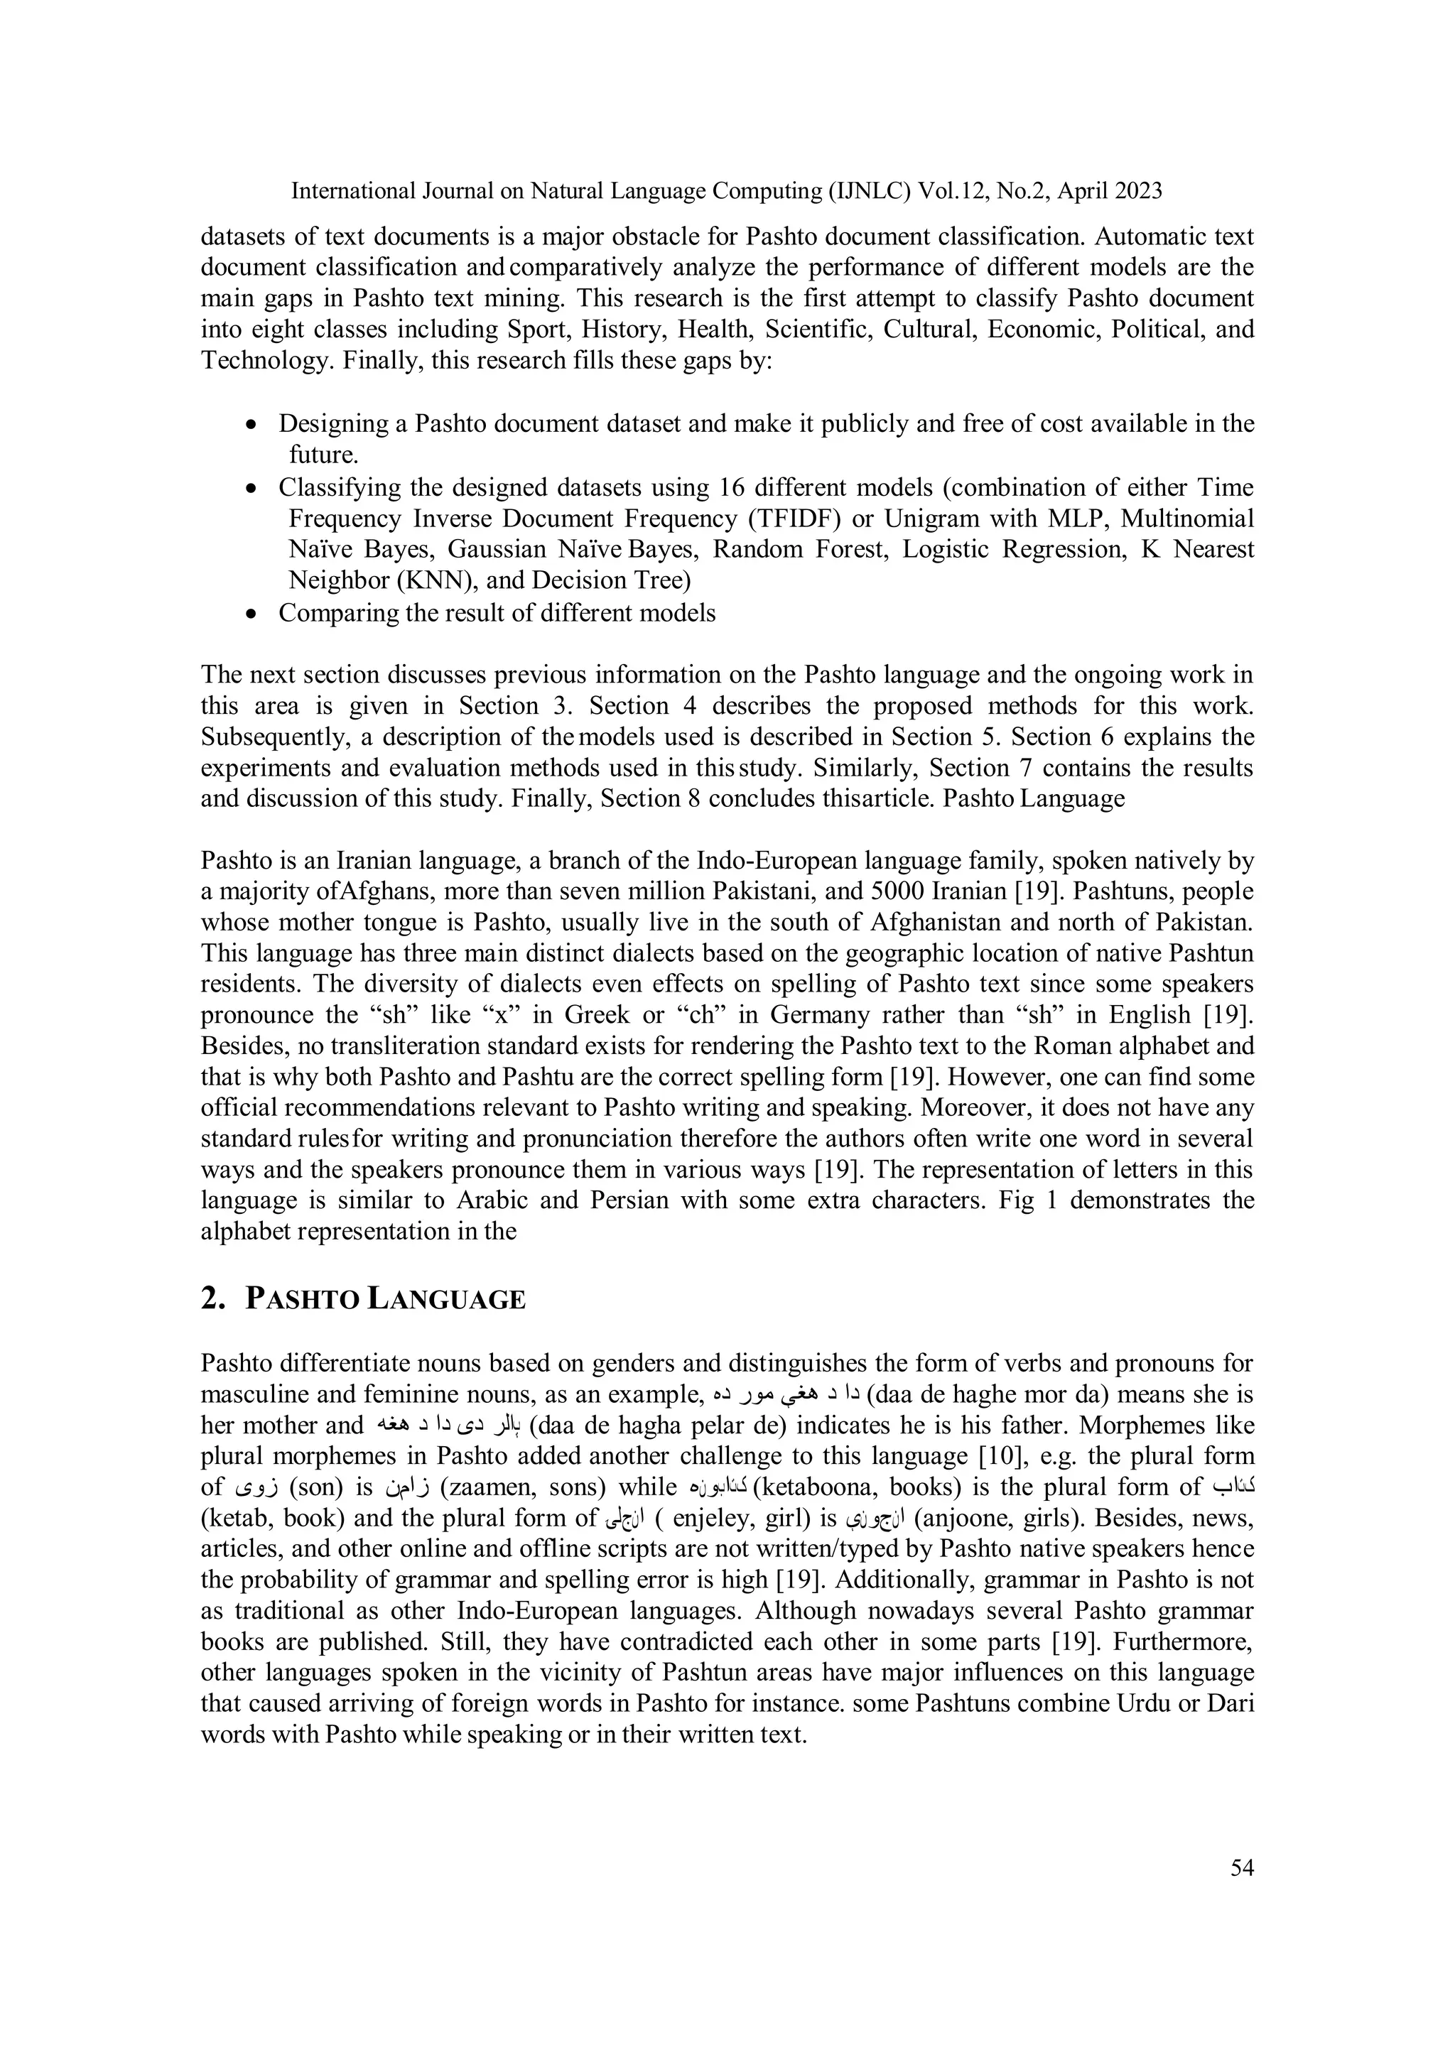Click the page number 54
1242,1868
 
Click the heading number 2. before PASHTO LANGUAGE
212,1299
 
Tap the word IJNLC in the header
872,191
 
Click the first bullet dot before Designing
253,425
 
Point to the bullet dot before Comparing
253,614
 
